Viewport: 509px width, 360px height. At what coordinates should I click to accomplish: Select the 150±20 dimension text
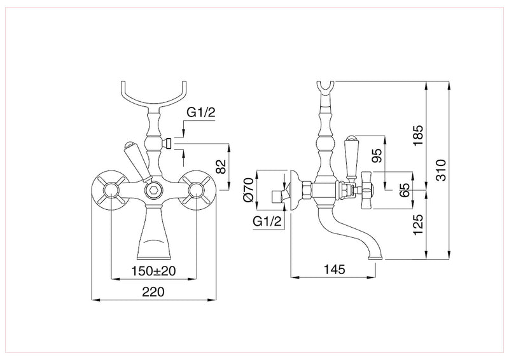154,271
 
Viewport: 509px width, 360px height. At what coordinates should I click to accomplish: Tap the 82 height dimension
221,167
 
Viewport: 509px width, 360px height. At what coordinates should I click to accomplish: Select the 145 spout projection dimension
331,270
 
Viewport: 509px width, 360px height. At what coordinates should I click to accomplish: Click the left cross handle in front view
111,190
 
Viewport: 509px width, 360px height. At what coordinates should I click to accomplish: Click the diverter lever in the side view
349,156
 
